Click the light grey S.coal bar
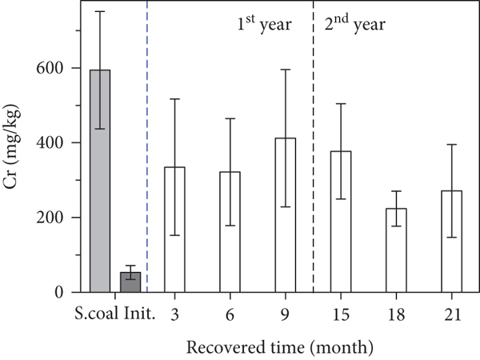tap(100, 181)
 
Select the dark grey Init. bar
tap(130, 282)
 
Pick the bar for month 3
tap(174, 230)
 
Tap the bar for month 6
tap(230, 232)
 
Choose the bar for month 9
tap(286, 215)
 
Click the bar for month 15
tap(341, 222)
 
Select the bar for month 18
tap(396, 250)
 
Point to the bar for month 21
tap(451, 242)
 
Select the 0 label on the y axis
tap(58, 292)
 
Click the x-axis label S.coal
tap(98, 314)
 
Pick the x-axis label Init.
tap(139, 314)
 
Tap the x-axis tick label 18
tap(396, 314)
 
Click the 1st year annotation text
tap(265, 23)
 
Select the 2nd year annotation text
tap(354, 23)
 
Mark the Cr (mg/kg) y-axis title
tap(12, 146)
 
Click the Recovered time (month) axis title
tap(280, 347)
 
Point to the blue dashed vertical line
tap(147, 146)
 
